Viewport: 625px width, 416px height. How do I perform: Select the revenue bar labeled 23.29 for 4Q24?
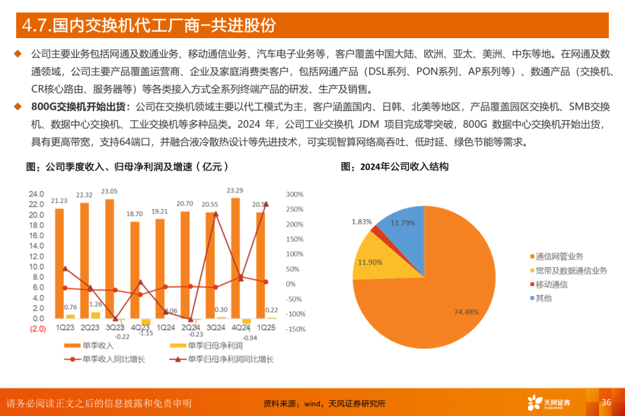pyautogui.click(x=236, y=258)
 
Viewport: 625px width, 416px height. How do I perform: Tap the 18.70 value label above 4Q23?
pyautogui.click(x=135, y=214)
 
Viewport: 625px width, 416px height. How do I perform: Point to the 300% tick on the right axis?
pyautogui.click(x=295, y=194)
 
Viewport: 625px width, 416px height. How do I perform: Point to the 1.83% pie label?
pyautogui.click(x=362, y=222)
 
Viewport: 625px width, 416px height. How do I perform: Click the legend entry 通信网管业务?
pyautogui.click(x=559, y=256)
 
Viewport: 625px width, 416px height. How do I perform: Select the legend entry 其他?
pyautogui.click(x=543, y=298)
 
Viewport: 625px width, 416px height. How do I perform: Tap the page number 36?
pyautogui.click(x=606, y=402)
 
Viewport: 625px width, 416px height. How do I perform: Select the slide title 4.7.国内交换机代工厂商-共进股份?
pyautogui.click(x=148, y=25)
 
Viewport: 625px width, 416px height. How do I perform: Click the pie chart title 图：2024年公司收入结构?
pyautogui.click(x=394, y=167)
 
